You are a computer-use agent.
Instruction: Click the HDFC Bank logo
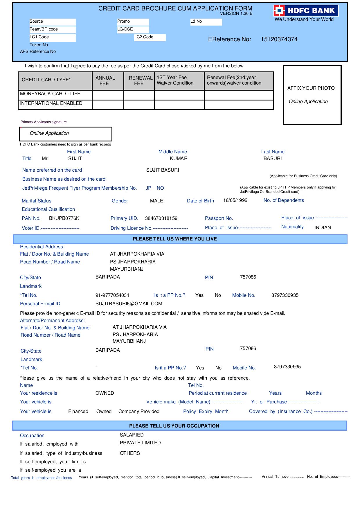(306, 11)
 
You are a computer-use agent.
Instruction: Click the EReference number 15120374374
(279, 39)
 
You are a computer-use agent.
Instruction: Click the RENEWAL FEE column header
(139, 81)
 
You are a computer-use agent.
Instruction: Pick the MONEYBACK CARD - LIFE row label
(50, 94)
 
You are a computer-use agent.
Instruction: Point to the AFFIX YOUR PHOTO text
(311, 88)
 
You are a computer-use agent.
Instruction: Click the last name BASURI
(273, 159)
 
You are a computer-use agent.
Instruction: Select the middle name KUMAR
(179, 159)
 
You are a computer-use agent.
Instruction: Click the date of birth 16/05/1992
(235, 200)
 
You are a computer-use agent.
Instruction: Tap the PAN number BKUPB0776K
(64, 218)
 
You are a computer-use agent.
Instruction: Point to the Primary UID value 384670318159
(161, 218)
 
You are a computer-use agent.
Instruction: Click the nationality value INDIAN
(323, 228)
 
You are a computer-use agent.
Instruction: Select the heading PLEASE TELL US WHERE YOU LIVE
(175, 239)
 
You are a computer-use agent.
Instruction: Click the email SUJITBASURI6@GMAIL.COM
(129, 304)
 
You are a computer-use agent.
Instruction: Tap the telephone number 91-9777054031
(112, 295)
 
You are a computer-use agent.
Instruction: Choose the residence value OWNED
(105, 393)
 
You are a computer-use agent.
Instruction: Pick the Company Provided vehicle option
(139, 412)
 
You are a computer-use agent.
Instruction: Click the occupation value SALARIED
(132, 435)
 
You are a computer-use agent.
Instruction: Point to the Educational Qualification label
(48, 209)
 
